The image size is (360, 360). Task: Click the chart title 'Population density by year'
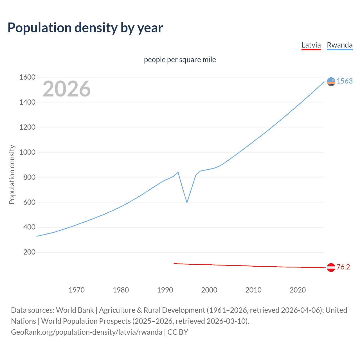click(x=85, y=28)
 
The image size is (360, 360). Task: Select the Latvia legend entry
click(x=311, y=45)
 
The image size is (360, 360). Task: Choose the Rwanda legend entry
click(x=339, y=45)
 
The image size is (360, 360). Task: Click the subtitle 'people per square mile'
click(x=180, y=60)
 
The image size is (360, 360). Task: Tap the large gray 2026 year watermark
click(x=67, y=89)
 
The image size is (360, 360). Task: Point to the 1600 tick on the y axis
click(x=27, y=77)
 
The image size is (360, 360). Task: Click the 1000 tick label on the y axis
click(x=27, y=152)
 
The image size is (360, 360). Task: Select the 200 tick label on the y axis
click(x=29, y=252)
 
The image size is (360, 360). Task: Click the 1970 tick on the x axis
click(x=76, y=290)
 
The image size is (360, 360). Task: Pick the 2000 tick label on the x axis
click(x=209, y=290)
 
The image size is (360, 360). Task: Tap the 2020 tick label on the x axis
click(x=298, y=290)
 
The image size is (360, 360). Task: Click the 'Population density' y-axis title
click(x=12, y=174)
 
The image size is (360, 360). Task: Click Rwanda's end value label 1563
click(x=345, y=81)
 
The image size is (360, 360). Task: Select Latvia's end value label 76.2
click(x=343, y=267)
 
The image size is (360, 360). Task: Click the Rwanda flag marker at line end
click(x=331, y=82)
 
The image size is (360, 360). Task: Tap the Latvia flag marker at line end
click(x=331, y=267)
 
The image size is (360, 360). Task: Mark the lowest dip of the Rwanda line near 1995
click(x=187, y=202)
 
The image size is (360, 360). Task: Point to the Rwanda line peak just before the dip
click(x=178, y=172)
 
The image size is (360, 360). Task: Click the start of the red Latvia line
click(x=174, y=264)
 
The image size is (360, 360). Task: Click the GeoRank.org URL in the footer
click(x=87, y=332)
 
